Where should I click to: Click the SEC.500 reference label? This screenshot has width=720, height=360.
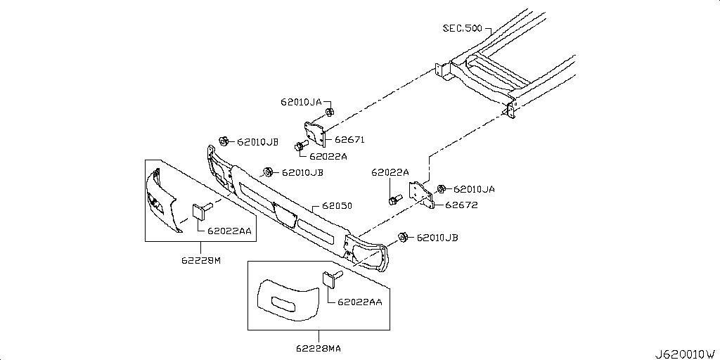click(x=462, y=28)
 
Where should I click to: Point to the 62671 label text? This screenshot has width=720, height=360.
click(x=349, y=140)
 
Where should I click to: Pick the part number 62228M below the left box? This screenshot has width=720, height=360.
click(x=201, y=260)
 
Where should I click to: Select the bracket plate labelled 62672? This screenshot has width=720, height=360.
click(x=420, y=194)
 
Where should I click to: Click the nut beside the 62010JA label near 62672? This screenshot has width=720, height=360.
click(x=441, y=188)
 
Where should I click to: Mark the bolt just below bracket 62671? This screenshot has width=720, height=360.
click(x=300, y=146)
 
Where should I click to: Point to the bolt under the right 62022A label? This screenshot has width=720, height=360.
click(x=394, y=200)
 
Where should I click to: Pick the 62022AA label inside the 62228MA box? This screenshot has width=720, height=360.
click(x=359, y=302)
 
